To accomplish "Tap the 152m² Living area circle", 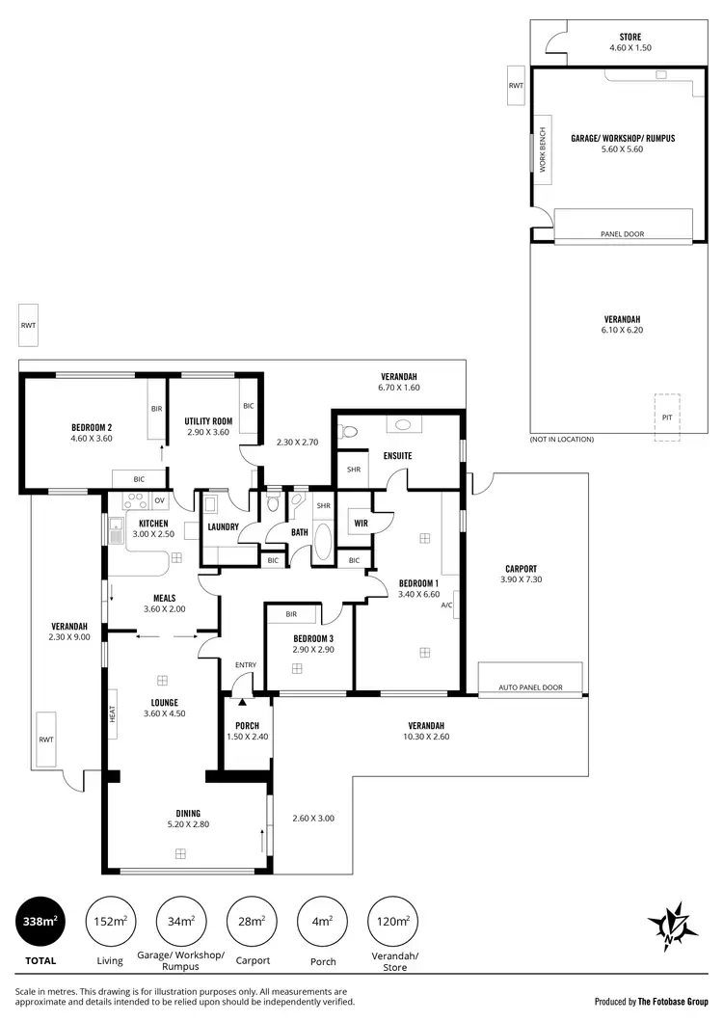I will pos(110,922).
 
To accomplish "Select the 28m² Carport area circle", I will pos(251,922).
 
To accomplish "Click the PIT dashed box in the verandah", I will pos(666,417).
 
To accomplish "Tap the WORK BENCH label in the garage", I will pos(543,150).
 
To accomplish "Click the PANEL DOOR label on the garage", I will pos(622,233).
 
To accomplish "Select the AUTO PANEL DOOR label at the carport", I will pos(530,687).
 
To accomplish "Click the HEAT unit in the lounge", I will pos(112,713).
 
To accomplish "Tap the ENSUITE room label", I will pos(398,455).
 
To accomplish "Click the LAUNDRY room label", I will pos(223,526).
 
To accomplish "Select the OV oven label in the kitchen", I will pos(159,500).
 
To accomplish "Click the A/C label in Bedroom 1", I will pos(447,605).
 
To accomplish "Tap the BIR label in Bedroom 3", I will pos(291,614).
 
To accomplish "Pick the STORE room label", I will pos(631,37).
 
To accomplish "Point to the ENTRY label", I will pos(246,664).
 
